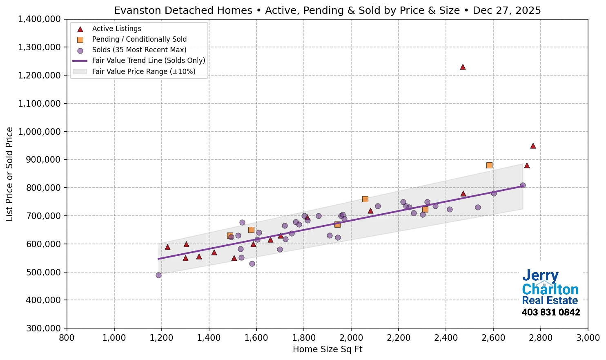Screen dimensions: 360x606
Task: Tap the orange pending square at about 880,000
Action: [x=489, y=165]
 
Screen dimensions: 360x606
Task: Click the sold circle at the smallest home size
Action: [x=158, y=275]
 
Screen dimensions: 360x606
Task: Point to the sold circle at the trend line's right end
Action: [x=523, y=185]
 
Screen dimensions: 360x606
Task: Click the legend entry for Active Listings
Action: [x=116, y=29]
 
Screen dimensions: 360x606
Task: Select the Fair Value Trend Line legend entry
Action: [x=148, y=60]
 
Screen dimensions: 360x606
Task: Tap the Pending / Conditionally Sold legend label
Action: [x=139, y=39]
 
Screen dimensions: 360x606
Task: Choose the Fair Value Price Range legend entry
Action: [x=143, y=72]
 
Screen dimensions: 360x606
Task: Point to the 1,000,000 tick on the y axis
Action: [x=39, y=132]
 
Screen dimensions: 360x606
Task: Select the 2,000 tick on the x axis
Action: [x=351, y=338]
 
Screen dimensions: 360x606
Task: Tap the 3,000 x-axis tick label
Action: [x=588, y=338]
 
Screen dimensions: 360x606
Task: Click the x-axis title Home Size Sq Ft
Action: [x=328, y=349]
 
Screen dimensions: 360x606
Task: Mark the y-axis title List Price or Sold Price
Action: [x=9, y=174]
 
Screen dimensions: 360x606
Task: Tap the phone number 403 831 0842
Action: [x=550, y=313]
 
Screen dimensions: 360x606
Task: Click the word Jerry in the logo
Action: [x=540, y=276]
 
